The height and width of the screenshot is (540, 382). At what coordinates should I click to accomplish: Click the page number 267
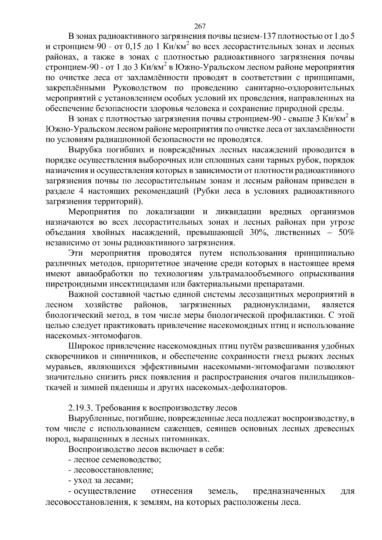click(200, 26)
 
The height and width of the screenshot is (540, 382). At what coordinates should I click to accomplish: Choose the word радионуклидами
click(277, 305)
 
